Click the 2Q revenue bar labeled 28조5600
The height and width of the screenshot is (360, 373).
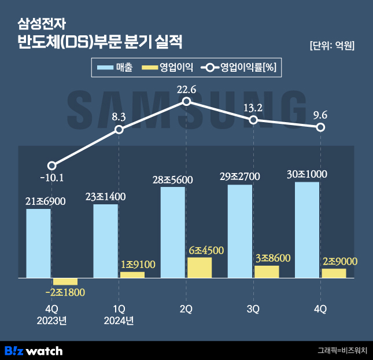(x=172, y=232)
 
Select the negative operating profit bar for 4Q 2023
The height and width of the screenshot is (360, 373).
(x=65, y=281)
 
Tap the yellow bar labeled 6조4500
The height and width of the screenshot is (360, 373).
(x=200, y=267)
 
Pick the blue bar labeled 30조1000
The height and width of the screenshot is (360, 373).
(x=306, y=230)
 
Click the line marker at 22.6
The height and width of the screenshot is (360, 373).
(x=186, y=101)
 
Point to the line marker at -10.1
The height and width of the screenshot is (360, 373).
(x=52, y=166)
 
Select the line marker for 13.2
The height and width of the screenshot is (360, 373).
(x=253, y=120)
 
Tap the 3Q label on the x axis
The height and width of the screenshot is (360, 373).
(x=253, y=309)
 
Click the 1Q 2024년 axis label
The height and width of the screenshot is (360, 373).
(x=119, y=315)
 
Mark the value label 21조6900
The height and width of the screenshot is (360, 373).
(x=46, y=201)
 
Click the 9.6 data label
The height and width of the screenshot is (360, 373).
(x=320, y=115)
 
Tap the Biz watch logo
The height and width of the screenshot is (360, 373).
(x=34, y=350)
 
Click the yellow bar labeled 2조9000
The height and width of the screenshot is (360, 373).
(x=334, y=273)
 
